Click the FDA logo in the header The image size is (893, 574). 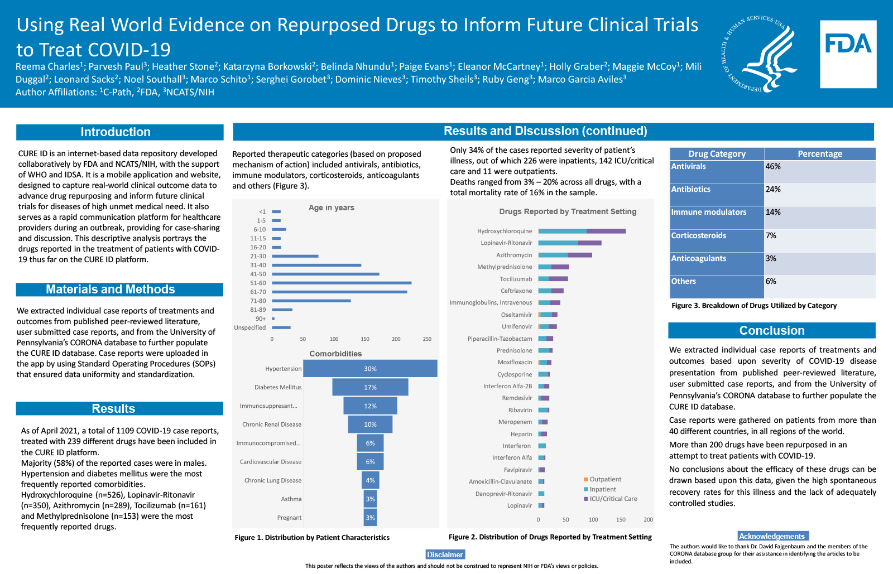pyautogui.click(x=848, y=54)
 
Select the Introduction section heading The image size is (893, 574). pyautogui.click(x=116, y=132)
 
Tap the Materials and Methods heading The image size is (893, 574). pyautogui.click(x=111, y=290)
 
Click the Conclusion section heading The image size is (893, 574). pyautogui.click(x=771, y=330)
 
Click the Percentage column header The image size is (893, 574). pyautogui.click(x=819, y=154)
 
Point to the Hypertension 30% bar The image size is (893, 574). pyautogui.click(x=370, y=369)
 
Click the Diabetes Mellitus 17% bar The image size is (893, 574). pyautogui.click(x=370, y=387)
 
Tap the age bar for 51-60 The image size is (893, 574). pyautogui.click(x=342, y=283)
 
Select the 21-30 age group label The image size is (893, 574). pyautogui.click(x=258, y=256)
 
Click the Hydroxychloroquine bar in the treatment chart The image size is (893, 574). pyautogui.click(x=582, y=231)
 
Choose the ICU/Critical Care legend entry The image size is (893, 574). pyautogui.click(x=613, y=499)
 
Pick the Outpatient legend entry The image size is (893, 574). pyautogui.click(x=605, y=479)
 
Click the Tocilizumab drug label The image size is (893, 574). pyautogui.click(x=516, y=279)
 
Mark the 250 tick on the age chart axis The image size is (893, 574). pyautogui.click(x=427, y=339)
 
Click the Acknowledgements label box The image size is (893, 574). pyautogui.click(x=772, y=536)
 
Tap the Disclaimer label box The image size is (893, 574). pyautogui.click(x=445, y=554)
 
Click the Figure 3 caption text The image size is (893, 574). pyautogui.click(x=754, y=306)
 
